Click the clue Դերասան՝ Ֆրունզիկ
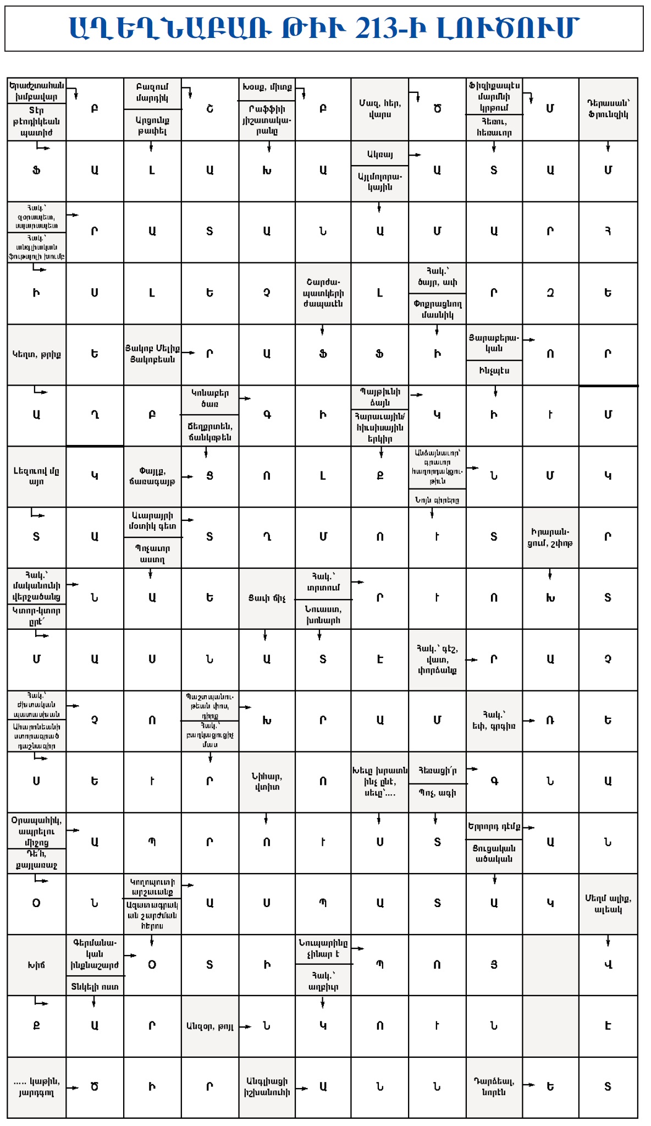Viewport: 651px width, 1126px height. tap(608, 109)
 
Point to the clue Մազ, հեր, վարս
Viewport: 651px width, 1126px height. tap(379, 109)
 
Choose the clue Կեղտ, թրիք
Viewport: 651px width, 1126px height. tap(36, 354)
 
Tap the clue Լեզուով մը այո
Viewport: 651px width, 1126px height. tap(36, 476)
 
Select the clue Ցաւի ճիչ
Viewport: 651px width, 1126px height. tap(267, 598)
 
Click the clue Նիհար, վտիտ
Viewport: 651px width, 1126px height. tap(267, 782)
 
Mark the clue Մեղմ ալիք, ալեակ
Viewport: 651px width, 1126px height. tap(608, 904)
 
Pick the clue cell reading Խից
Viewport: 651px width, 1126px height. tap(36, 965)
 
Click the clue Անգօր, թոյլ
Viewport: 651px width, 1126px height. tap(209, 1026)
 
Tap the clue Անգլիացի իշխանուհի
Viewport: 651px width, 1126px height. tap(267, 1087)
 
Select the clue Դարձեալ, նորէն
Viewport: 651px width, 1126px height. tap(494, 1087)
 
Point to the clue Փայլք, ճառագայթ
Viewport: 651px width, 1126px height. tap(152, 476)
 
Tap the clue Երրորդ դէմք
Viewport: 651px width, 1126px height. tap(494, 826)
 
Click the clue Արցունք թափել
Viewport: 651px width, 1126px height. tap(152, 125)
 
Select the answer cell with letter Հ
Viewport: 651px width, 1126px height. tap(608, 232)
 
